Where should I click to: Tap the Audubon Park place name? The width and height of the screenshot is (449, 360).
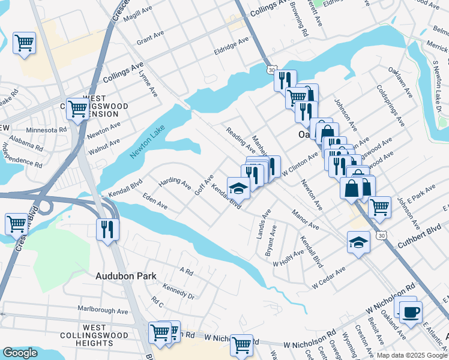tap(126, 277)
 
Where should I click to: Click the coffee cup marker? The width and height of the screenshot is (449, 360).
tap(411, 312)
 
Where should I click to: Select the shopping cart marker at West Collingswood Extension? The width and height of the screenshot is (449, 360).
tap(78, 109)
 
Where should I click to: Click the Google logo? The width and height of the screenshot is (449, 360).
tap(20, 353)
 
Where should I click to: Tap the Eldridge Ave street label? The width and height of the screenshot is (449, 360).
tap(231, 44)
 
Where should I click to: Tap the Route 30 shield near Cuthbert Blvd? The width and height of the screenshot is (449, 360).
tap(381, 236)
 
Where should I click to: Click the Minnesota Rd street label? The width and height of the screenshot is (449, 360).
tap(46, 130)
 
